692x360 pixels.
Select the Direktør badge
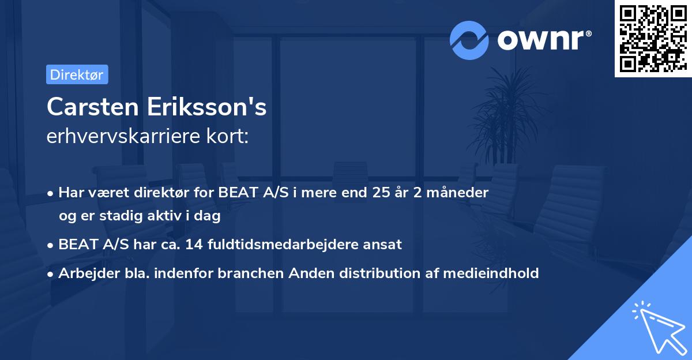[x=77, y=74]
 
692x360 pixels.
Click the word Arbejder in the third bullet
[x=85, y=273]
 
